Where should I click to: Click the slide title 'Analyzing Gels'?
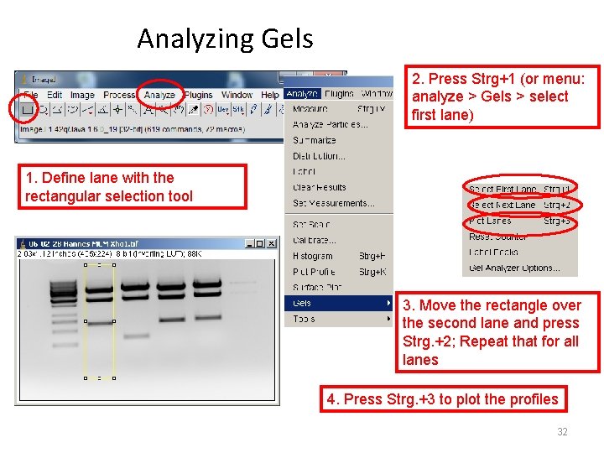[x=225, y=39]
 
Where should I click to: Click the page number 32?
[x=562, y=432]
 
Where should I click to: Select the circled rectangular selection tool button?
[x=28, y=109]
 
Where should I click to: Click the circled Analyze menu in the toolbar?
[x=159, y=95]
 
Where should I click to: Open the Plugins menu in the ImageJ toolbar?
[x=199, y=95]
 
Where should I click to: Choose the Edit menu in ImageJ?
[x=55, y=95]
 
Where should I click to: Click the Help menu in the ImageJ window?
[x=269, y=95]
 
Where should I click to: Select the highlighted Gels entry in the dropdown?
[x=302, y=303]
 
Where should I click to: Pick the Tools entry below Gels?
[x=304, y=319]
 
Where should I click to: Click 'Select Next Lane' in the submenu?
[x=502, y=205]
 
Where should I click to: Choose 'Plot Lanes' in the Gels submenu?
[x=490, y=221]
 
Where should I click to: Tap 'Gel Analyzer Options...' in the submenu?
[x=512, y=268]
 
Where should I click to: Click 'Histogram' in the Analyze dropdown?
[x=312, y=256]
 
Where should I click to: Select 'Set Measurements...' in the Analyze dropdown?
[x=333, y=203]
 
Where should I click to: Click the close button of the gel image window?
[x=273, y=243]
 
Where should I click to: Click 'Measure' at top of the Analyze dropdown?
[x=310, y=109]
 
